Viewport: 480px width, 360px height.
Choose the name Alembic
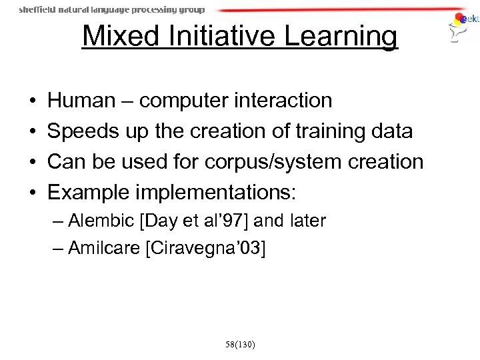click(96, 221)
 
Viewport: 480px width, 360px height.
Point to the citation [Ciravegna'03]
click(209, 249)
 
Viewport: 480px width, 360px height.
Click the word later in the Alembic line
click(308, 221)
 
